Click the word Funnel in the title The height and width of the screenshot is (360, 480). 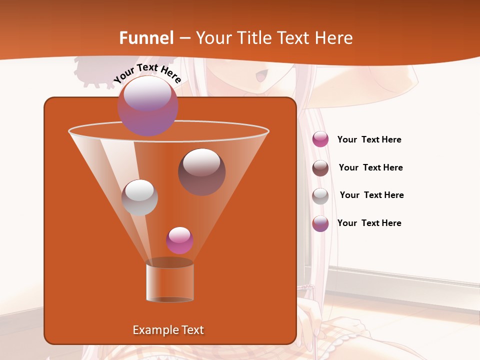146,38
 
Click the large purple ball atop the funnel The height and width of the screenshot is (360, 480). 147,105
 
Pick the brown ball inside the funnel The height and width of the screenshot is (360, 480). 201,172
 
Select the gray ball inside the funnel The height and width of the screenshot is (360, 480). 139,197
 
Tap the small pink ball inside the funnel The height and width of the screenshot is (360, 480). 179,240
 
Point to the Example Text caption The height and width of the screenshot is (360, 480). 168,330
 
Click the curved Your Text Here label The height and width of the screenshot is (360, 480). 147,73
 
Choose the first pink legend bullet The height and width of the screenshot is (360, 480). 320,139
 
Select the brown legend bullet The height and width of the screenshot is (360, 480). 320,168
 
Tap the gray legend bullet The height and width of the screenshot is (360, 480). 320,196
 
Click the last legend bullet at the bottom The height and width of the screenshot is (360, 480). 320,223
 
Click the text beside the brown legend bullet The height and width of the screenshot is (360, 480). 370,167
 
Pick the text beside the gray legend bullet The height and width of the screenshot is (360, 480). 371,195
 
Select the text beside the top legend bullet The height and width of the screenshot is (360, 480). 369,139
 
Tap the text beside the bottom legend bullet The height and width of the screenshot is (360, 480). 369,223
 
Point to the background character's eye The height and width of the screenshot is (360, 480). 261,77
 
